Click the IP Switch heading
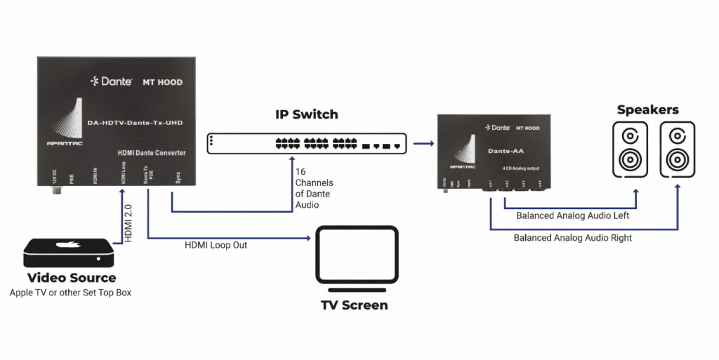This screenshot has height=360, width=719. [305, 114]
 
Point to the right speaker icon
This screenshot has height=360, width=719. [678, 149]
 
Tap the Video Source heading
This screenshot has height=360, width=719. [71, 278]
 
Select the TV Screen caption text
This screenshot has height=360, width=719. [355, 305]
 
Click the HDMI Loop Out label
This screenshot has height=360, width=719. [216, 246]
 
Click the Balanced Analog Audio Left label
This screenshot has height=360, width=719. [572, 215]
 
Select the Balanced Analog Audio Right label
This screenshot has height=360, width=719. [572, 238]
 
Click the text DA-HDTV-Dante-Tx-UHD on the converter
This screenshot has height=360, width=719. [135, 123]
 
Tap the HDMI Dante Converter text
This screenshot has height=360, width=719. [150, 152]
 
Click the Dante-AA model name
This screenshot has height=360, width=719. [503, 150]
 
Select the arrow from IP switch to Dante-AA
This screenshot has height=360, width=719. [423, 144]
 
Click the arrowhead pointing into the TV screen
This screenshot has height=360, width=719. [308, 239]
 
